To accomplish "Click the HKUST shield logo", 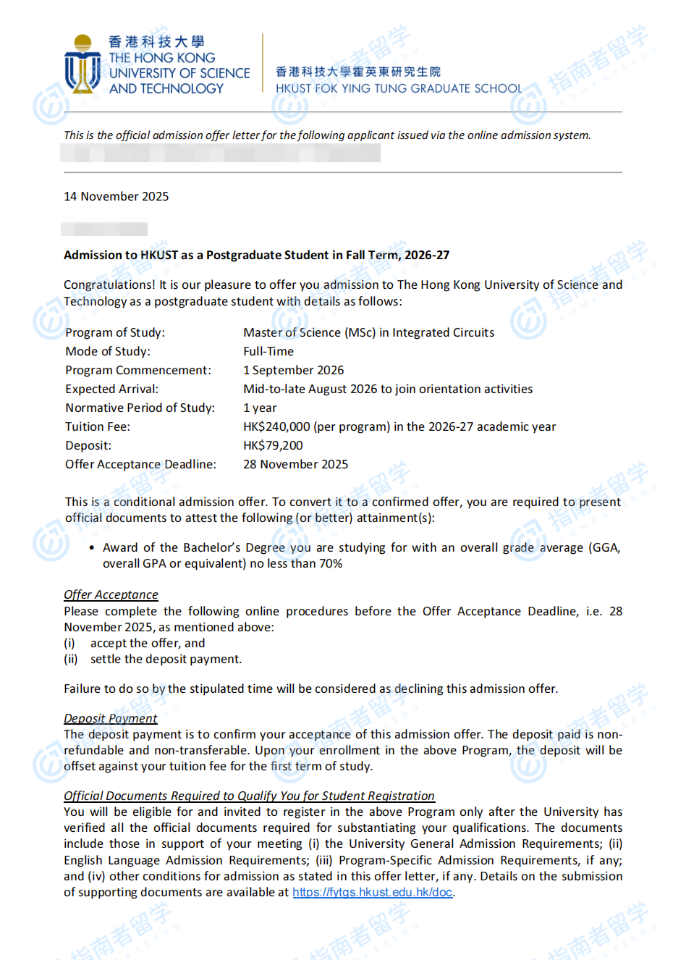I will [x=82, y=66].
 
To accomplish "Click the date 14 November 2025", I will [x=116, y=196].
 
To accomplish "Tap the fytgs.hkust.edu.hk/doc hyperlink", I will [x=373, y=892].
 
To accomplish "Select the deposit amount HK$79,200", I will [x=273, y=445].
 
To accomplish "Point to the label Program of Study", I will [x=114, y=332].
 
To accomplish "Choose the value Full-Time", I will [x=268, y=351].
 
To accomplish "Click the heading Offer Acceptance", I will [x=111, y=594].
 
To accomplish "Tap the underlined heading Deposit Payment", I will [x=110, y=718].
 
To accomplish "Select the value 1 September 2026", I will [x=293, y=370].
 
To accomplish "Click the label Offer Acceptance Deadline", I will [x=140, y=464].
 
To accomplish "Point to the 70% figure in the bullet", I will [x=330, y=563].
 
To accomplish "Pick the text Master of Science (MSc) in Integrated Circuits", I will [x=368, y=332].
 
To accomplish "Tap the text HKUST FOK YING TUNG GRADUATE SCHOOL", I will [x=398, y=88].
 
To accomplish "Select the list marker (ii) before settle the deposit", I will [x=70, y=659].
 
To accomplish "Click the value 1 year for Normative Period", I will [x=260, y=408].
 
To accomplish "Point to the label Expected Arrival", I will [x=111, y=389].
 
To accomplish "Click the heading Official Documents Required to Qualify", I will [x=249, y=796].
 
